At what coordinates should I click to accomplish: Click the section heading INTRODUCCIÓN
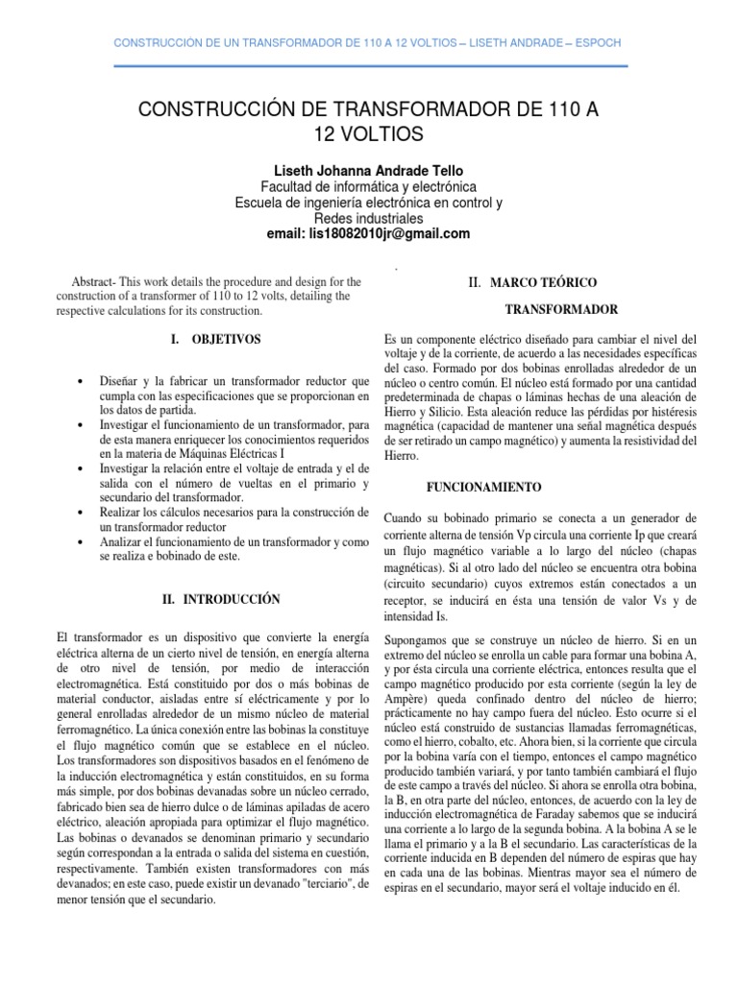tap(228, 599)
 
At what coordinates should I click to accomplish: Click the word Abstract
tap(91, 282)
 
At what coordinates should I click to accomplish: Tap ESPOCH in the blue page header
tap(596, 44)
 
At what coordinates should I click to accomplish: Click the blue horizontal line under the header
tap(369, 66)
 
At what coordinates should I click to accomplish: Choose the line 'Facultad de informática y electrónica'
tap(369, 186)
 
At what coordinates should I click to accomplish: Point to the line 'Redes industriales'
tap(369, 218)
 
